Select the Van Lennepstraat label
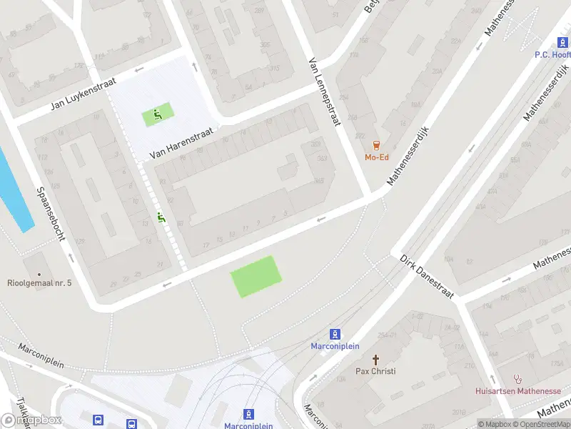(x=323, y=93)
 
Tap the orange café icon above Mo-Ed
(x=376, y=145)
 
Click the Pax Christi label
(x=375, y=371)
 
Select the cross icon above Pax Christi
(x=376, y=358)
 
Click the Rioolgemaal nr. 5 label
(x=39, y=283)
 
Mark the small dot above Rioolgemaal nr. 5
(x=39, y=273)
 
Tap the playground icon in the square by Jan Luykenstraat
(x=158, y=114)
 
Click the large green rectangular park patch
(x=256, y=276)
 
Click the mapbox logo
(x=31, y=420)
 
